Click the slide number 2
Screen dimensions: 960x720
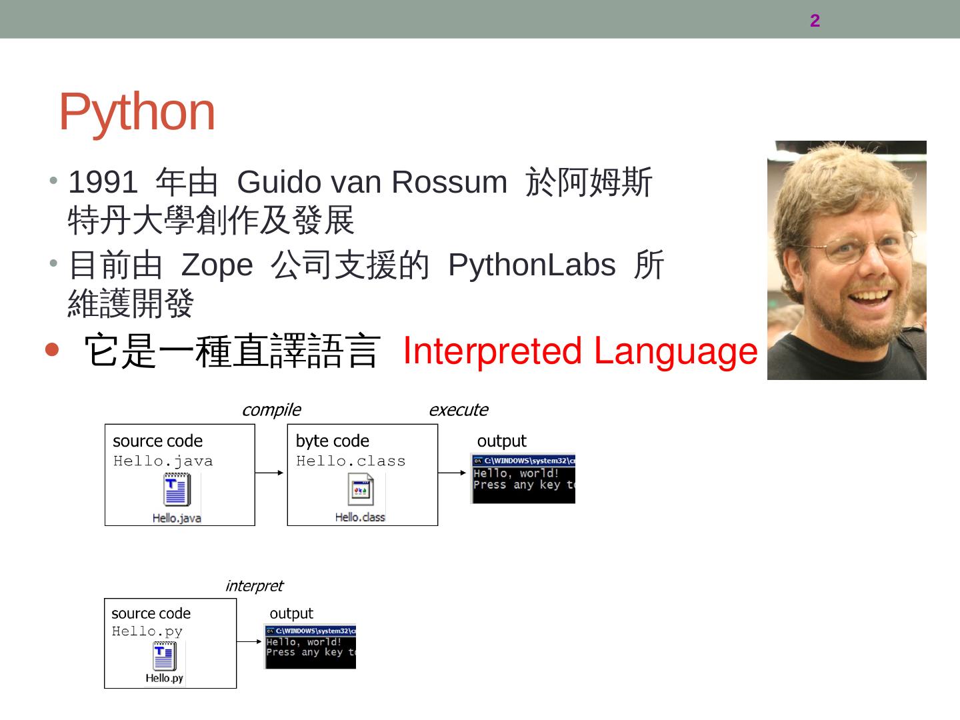[815, 21]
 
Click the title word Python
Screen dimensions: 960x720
[137, 111]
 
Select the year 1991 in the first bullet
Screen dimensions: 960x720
[103, 182]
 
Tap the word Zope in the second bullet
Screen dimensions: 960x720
[217, 265]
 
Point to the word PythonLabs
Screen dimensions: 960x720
[531, 265]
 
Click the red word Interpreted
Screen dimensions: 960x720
[492, 351]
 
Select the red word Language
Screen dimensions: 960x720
[675, 351]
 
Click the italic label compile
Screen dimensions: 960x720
[271, 409]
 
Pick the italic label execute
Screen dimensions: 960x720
[458, 409]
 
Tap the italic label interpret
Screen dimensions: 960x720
[254, 585]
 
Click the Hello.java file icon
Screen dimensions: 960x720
[177, 490]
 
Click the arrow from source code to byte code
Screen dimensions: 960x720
[271, 473]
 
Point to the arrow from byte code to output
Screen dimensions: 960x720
[453, 473]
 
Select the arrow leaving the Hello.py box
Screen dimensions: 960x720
[250, 641]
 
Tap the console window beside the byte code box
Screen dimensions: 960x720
[523, 479]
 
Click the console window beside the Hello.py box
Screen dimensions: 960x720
[311, 647]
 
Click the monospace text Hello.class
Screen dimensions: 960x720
[351, 461]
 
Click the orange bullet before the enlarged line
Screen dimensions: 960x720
[52, 349]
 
